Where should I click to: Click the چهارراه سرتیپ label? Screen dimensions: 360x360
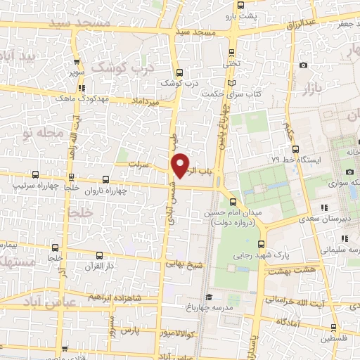34,186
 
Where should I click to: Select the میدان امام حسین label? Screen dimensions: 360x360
232,213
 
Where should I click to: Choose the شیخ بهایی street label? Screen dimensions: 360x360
184,264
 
